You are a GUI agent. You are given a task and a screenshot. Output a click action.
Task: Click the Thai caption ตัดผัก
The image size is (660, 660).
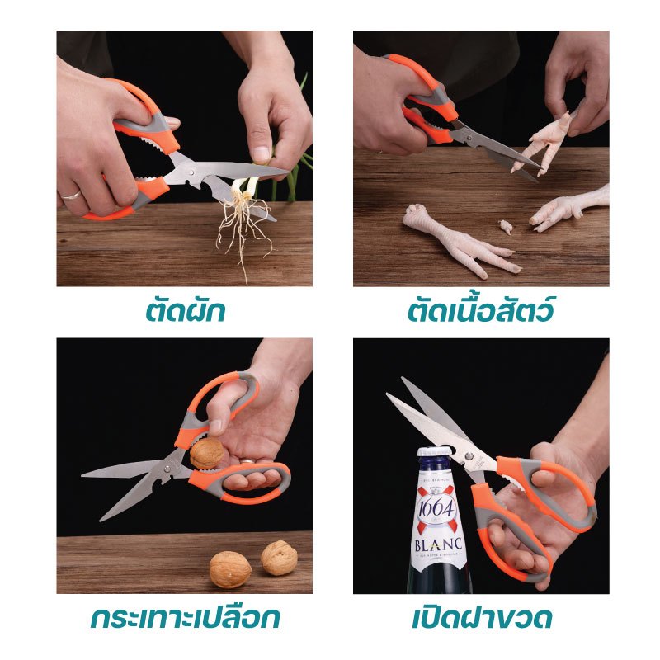pyautogui.click(x=186, y=311)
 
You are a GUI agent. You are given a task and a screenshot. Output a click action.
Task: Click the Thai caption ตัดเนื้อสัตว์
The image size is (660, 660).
pyautogui.click(x=481, y=310)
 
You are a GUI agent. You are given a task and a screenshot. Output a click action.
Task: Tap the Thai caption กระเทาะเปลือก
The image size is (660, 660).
pyautogui.click(x=185, y=618)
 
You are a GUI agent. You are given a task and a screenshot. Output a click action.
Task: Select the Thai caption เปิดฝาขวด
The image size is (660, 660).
pyautogui.click(x=482, y=618)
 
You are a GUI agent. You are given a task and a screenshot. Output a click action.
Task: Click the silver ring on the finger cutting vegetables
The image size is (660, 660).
pyautogui.click(x=70, y=195)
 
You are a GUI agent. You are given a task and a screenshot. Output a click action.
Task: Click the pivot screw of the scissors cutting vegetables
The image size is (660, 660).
pyautogui.click(x=192, y=172)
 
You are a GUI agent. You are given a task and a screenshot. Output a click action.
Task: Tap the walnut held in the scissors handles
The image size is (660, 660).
pyautogui.click(x=206, y=453)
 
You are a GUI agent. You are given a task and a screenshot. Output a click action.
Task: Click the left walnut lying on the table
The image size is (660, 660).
pyautogui.click(x=230, y=569)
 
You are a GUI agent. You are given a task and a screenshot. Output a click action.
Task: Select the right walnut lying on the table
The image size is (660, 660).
pyautogui.click(x=279, y=558)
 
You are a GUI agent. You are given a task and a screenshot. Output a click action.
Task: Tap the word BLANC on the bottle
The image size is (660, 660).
pyautogui.click(x=439, y=544)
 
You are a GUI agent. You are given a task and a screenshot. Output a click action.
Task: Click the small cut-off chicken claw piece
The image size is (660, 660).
pyautogui.click(x=507, y=226)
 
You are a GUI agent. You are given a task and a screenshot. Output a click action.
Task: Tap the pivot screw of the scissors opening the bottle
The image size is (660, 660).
pyautogui.click(x=469, y=455)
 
